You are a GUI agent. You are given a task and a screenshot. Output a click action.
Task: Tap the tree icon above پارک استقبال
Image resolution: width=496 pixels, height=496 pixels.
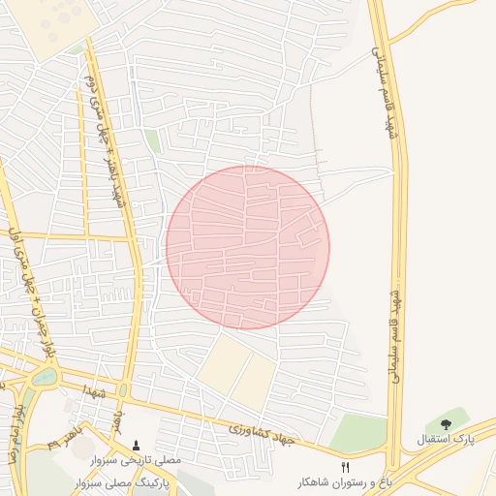[446, 422]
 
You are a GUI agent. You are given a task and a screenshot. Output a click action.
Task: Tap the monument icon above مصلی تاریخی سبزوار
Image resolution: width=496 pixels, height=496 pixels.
[136, 446]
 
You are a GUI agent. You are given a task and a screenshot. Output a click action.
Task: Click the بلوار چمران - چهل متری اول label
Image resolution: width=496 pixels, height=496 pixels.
[27, 281]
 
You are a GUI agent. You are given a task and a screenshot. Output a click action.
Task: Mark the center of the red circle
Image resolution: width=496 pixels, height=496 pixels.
[248, 247]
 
